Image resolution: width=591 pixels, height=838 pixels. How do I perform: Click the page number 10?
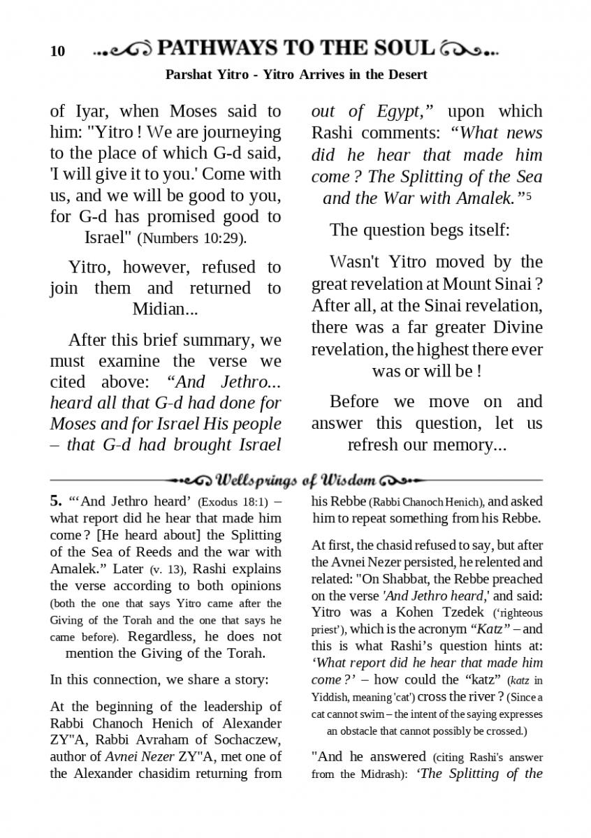pyautogui.click(x=57, y=51)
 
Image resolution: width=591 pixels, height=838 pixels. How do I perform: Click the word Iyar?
pyautogui.click(x=92, y=111)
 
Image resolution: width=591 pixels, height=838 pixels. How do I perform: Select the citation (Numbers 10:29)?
pyautogui.click(x=192, y=237)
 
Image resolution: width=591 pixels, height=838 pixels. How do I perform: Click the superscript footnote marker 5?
pyautogui.click(x=529, y=196)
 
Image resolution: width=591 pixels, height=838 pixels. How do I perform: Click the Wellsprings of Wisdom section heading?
pyautogui.click(x=296, y=480)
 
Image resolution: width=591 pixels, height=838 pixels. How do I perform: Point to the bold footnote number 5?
pyautogui.click(x=55, y=501)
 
